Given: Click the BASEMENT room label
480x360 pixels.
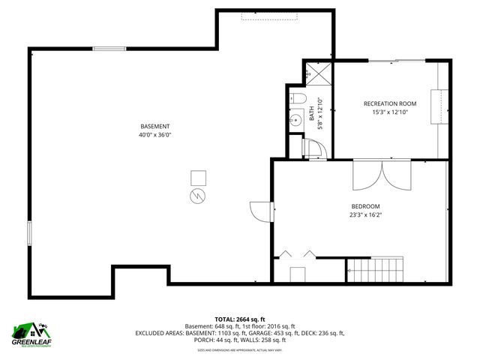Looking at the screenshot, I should coord(155,126).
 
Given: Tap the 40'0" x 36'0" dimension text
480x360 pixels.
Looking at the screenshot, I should coord(155,135).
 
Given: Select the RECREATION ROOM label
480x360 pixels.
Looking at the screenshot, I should coord(390,103).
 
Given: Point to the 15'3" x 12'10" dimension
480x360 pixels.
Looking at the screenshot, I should coord(390,112).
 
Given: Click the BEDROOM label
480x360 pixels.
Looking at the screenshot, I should coord(366,206).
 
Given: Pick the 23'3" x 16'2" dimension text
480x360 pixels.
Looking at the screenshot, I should coord(366,215).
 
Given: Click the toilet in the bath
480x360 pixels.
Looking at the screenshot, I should coord(296,98).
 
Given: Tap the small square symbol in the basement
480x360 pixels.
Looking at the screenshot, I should coord(198,177).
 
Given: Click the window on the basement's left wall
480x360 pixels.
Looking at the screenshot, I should coord(30,232).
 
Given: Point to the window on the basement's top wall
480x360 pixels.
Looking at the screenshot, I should coord(109,49).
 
